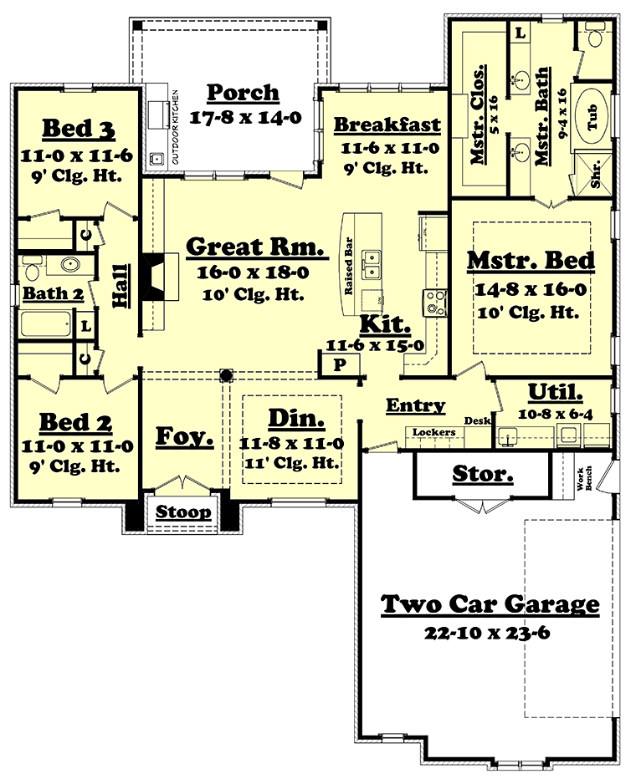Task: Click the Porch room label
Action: click(x=243, y=93)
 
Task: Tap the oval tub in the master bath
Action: click(x=592, y=116)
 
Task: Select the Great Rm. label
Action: click(x=255, y=247)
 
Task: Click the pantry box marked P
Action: click(x=339, y=364)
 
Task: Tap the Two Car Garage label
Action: click(x=490, y=604)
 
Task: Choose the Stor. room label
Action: click(x=483, y=474)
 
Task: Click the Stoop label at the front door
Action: click(x=183, y=512)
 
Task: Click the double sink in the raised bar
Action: click(x=372, y=265)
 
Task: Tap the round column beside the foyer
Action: click(x=226, y=374)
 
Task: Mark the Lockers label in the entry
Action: click(x=433, y=432)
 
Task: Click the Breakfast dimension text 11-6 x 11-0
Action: click(x=390, y=148)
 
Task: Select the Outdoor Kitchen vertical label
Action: click(x=175, y=127)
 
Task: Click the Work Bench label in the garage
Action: click(x=584, y=478)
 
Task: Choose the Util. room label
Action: click(x=556, y=393)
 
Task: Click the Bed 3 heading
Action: click(x=79, y=129)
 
